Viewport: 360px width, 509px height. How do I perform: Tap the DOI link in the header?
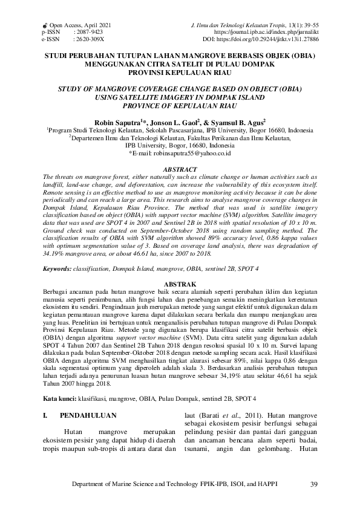284,38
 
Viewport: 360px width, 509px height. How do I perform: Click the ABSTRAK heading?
180,284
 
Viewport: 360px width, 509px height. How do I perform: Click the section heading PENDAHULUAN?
88,415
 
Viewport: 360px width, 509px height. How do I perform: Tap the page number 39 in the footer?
313,484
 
